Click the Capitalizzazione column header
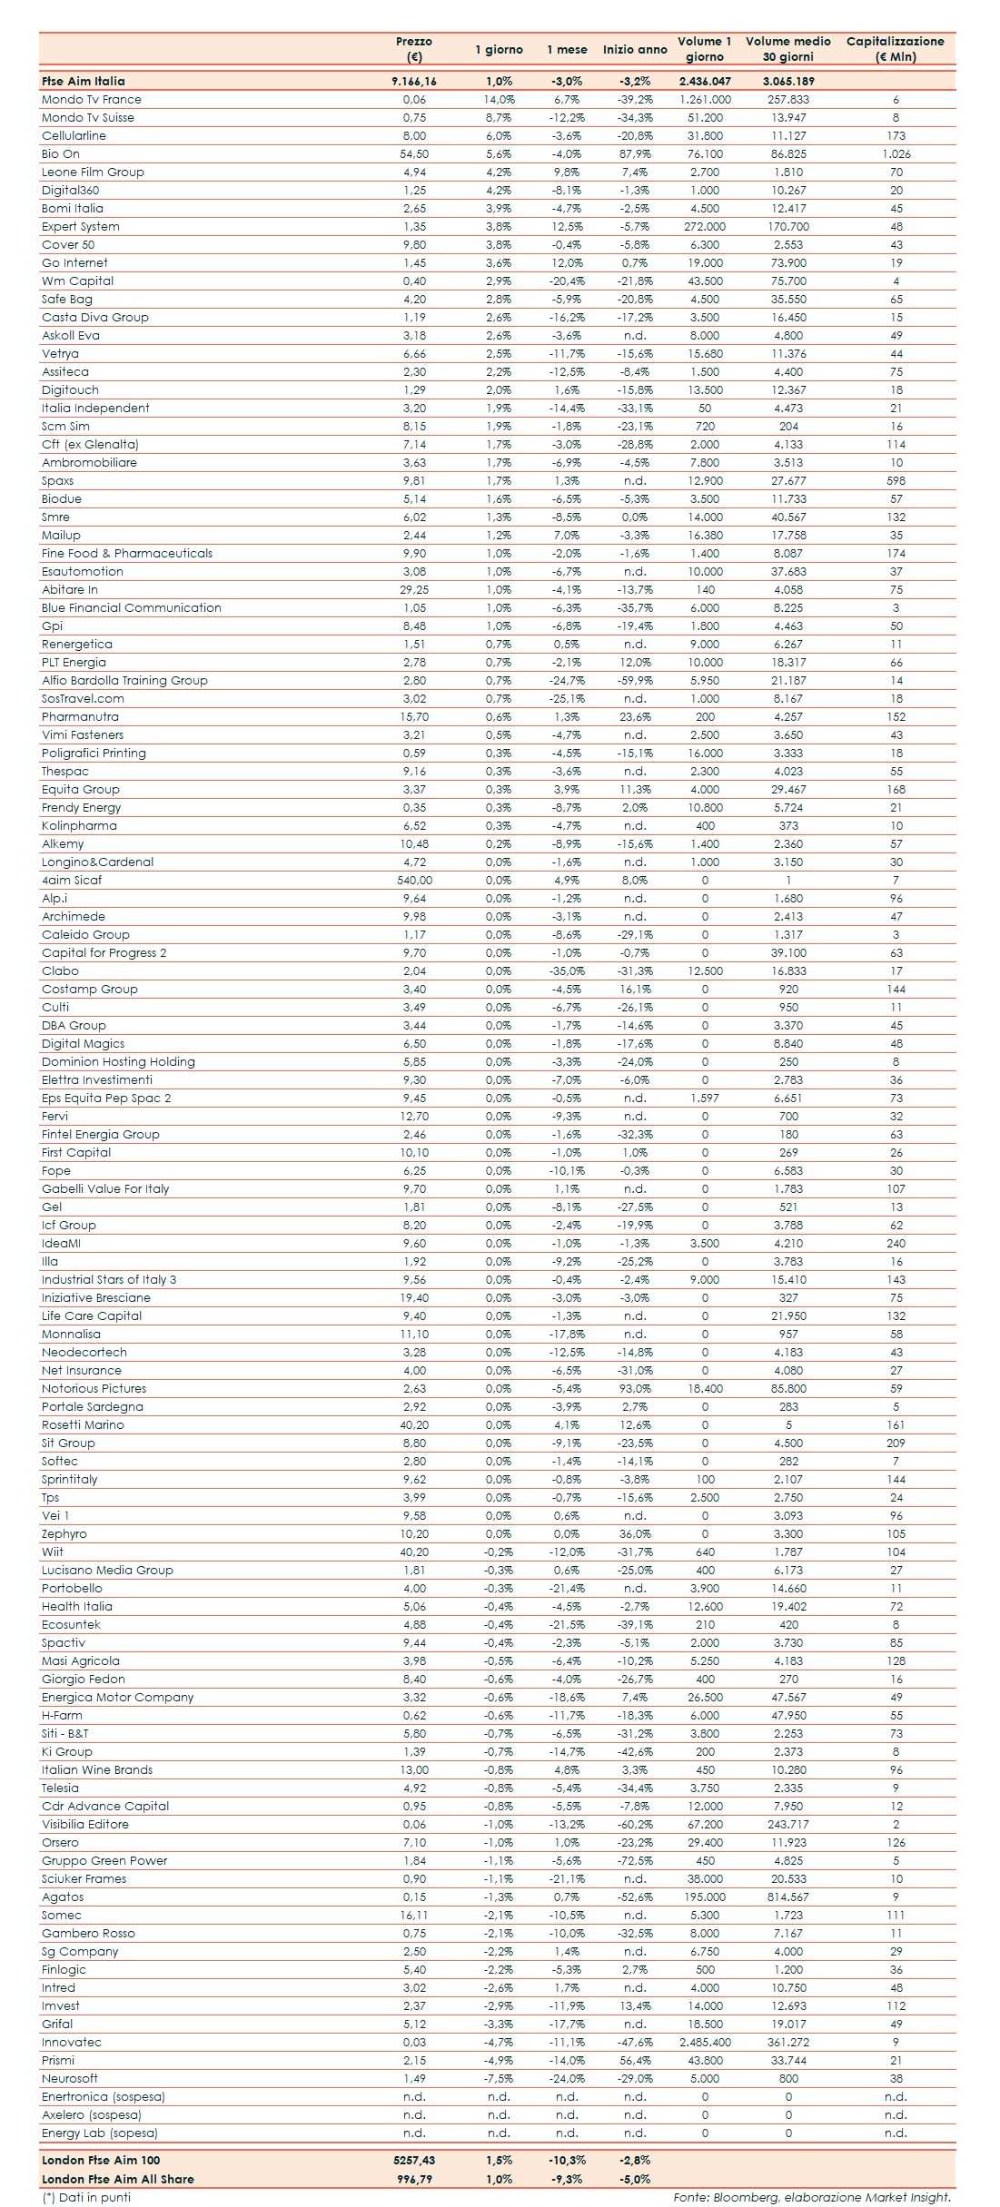(x=895, y=49)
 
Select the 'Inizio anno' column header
(x=635, y=50)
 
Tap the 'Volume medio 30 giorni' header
(x=787, y=49)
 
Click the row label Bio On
(x=61, y=154)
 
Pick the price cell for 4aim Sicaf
(x=414, y=881)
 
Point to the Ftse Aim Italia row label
(x=84, y=81)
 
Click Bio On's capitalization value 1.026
(x=896, y=154)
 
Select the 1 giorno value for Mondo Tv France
(x=499, y=100)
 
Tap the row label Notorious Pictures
(x=94, y=1389)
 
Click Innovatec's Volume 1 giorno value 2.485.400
(x=705, y=2043)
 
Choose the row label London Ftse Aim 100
(x=101, y=2160)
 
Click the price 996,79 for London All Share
(x=414, y=2179)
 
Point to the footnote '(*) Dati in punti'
(x=86, y=2197)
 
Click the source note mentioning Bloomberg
(x=811, y=2197)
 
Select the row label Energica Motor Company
(x=117, y=1698)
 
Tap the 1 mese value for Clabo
(x=567, y=971)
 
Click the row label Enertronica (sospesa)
(x=103, y=2097)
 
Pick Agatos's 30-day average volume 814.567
(x=787, y=1897)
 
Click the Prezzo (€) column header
(x=414, y=49)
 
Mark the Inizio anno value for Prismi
(x=635, y=2061)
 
